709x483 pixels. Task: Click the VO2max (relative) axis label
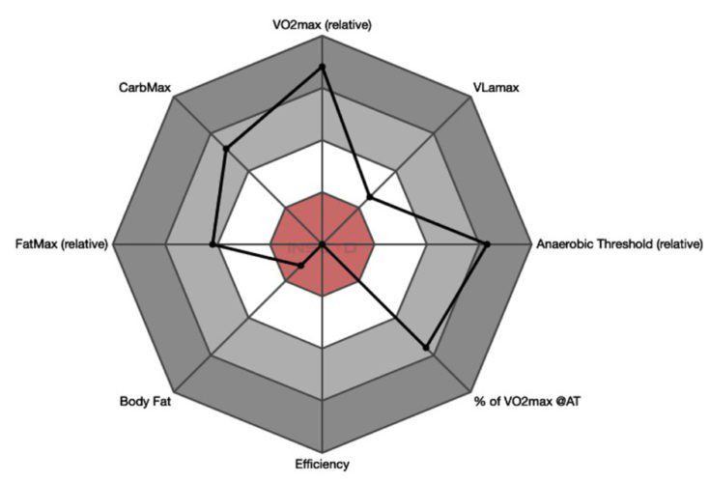point(323,24)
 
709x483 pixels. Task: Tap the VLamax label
point(496,88)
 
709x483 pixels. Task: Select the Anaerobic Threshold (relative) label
point(618,244)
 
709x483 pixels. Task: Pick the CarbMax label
point(145,88)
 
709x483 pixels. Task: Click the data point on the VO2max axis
point(323,67)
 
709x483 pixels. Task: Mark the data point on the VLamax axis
point(370,198)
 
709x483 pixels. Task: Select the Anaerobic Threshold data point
point(487,244)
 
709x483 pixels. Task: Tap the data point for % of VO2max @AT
point(426,346)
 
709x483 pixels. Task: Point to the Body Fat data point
point(300,266)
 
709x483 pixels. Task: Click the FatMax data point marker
point(213,245)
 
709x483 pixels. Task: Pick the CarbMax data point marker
point(226,149)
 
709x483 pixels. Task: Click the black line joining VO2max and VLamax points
point(346,132)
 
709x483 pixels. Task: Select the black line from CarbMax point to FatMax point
point(219,197)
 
